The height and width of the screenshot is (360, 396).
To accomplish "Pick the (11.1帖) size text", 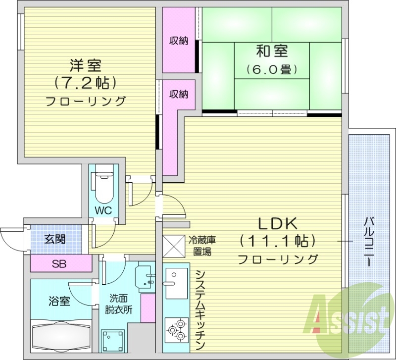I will [x=277, y=241].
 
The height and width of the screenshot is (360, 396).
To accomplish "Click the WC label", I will [x=104, y=210].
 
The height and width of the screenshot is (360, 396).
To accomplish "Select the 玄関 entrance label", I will [x=54, y=240].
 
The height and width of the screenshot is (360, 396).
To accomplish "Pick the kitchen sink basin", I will [x=176, y=284].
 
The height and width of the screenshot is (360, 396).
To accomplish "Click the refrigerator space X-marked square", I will [x=174, y=246].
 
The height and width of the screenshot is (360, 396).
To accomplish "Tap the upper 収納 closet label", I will [x=179, y=41].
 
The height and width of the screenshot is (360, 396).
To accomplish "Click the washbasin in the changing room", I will [x=147, y=277].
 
